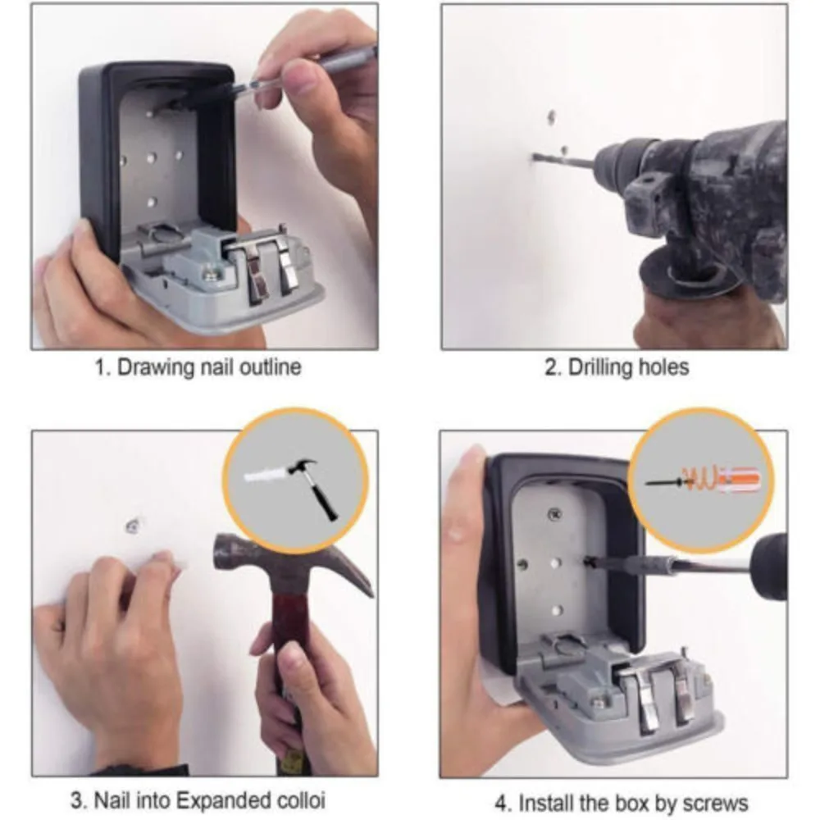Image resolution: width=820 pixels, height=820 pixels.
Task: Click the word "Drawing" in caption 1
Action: tap(153, 367)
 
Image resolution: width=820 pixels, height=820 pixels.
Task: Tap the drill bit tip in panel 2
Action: tap(535, 157)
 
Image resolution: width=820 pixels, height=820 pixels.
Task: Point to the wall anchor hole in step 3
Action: tap(132, 523)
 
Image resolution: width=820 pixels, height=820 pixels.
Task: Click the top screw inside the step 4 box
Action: tap(553, 516)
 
